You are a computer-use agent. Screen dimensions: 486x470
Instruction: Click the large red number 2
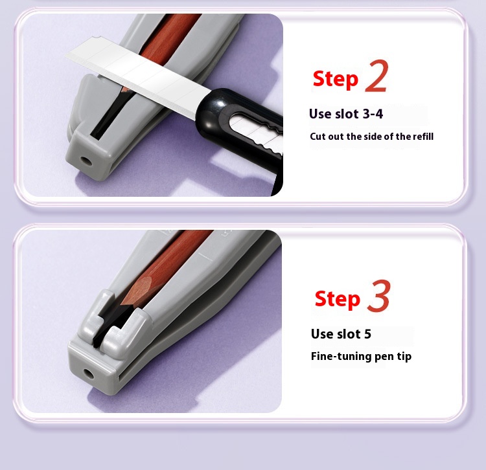pyautogui.click(x=376, y=76)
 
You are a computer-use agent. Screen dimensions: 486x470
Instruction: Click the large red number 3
pyautogui.click(x=378, y=296)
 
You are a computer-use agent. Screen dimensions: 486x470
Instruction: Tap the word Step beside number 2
pyautogui.click(x=336, y=79)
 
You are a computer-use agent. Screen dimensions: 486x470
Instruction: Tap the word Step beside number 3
pyautogui.click(x=337, y=299)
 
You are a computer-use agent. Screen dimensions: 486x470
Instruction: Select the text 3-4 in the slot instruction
pyautogui.click(x=373, y=114)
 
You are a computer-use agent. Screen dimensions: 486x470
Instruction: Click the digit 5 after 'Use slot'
pyautogui.click(x=367, y=334)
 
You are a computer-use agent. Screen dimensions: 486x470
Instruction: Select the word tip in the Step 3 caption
pyautogui.click(x=403, y=356)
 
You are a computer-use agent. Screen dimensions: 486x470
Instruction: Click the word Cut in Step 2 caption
pyautogui.click(x=318, y=137)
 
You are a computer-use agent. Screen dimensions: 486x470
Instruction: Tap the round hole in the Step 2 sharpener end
pyautogui.click(x=86, y=161)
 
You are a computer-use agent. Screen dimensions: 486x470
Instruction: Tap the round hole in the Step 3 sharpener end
pyautogui.click(x=89, y=374)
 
